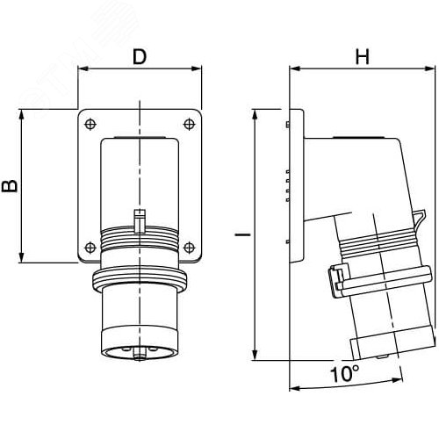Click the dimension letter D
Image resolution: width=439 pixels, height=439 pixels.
pyautogui.click(x=140, y=57)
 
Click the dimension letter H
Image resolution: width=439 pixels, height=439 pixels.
pyautogui.click(x=363, y=57)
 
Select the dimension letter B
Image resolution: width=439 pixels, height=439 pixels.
pyautogui.click(x=10, y=186)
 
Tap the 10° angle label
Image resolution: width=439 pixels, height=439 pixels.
pyautogui.click(x=344, y=374)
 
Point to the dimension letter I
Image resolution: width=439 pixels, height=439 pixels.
pyautogui.click(x=243, y=234)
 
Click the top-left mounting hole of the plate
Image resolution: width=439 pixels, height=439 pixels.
pyautogui.click(x=90, y=124)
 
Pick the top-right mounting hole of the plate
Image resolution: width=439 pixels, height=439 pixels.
pyautogui.click(x=190, y=124)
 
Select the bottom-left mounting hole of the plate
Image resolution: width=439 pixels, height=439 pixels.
pyautogui.click(x=90, y=248)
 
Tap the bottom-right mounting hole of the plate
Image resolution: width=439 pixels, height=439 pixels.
pyautogui.click(x=190, y=248)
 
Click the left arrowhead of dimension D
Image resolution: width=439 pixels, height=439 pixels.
pyautogui.click(x=83, y=68)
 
